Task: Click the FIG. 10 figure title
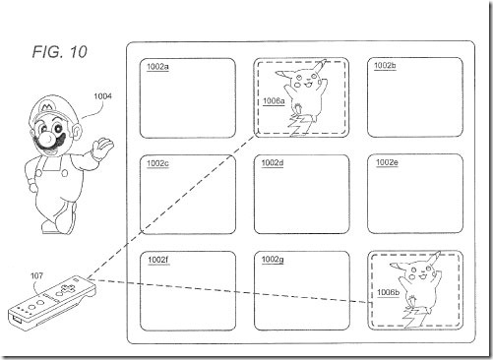pyautogui.click(x=60, y=52)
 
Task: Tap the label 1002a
pyautogui.click(x=157, y=67)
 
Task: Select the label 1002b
pyautogui.click(x=385, y=66)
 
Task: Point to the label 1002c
pyautogui.click(x=157, y=163)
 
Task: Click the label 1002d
pyautogui.click(x=273, y=163)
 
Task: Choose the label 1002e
pyautogui.click(x=387, y=162)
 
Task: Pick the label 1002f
pyautogui.click(x=158, y=260)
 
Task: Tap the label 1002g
pyautogui.click(x=273, y=260)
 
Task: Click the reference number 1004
pyautogui.click(x=102, y=96)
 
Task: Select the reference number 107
pyautogui.click(x=36, y=275)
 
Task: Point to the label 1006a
pyautogui.click(x=274, y=101)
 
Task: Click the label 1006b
pyautogui.click(x=388, y=292)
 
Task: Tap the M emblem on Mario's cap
pyautogui.click(x=46, y=106)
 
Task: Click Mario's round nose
pyautogui.click(x=48, y=139)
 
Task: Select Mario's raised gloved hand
pyautogui.click(x=102, y=147)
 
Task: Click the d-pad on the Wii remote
pyautogui.click(x=67, y=289)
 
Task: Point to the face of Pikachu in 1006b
pyautogui.click(x=419, y=273)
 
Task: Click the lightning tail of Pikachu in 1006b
pyautogui.click(x=414, y=317)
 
